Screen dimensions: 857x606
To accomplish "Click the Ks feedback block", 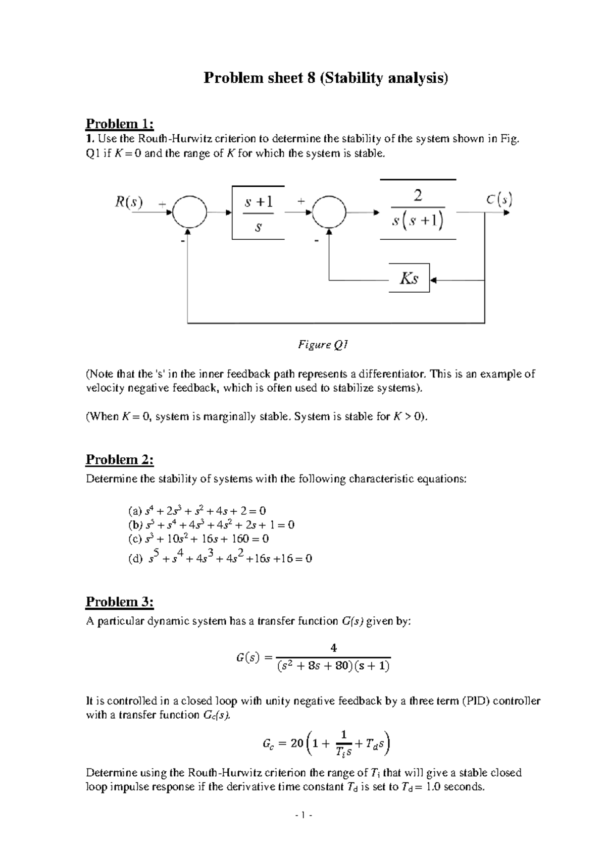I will click(409, 278).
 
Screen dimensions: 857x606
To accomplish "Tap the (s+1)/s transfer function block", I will click(258, 213).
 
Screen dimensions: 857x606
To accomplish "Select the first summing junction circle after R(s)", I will click(189, 212).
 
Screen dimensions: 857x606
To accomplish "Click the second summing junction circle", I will click(329, 212).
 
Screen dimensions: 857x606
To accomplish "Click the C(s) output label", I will click(499, 200).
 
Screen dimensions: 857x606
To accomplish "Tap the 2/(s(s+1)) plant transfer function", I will click(418, 209).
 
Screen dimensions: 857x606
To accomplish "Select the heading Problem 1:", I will click(120, 124).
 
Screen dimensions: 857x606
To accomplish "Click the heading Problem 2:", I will click(120, 459).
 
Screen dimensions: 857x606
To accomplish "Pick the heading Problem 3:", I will click(120, 602).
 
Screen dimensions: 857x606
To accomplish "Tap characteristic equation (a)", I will click(197, 511).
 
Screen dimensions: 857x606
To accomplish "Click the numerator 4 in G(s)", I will click(333, 648).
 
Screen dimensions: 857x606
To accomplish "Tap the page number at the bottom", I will click(303, 829).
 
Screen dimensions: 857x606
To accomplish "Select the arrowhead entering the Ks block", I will click(433, 279).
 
